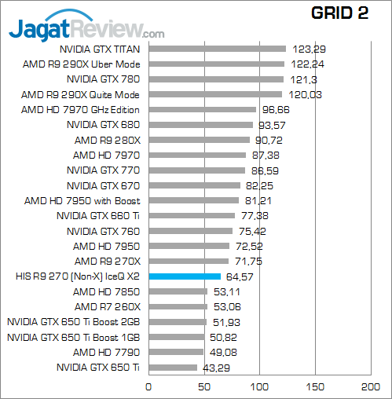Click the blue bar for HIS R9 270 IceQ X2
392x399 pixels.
click(x=185, y=276)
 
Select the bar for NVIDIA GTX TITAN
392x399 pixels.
click(x=217, y=49)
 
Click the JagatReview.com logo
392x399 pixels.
click(x=86, y=31)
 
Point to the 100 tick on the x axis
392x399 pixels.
click(x=260, y=387)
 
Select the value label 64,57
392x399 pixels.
click(x=240, y=276)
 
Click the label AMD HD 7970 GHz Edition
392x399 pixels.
click(x=80, y=109)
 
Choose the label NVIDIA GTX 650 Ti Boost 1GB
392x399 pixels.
click(x=73, y=337)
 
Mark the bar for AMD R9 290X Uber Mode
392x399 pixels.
click(x=216, y=64)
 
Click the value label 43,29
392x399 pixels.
click(x=217, y=368)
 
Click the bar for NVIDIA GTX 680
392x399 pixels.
click(x=200, y=124)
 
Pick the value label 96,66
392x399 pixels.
click(x=276, y=109)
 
